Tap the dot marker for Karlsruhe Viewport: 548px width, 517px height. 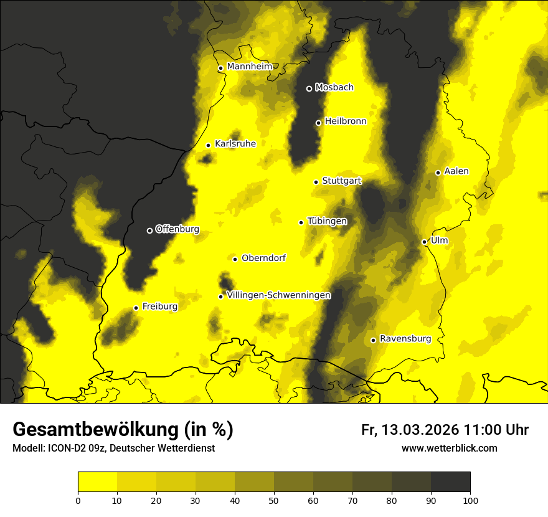point(209,145)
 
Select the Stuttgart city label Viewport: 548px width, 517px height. point(342,181)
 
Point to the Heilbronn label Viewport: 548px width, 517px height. point(346,121)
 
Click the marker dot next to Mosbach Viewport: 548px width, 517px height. point(309,88)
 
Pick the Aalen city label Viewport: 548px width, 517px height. point(456,171)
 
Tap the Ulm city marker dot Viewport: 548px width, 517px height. point(424,242)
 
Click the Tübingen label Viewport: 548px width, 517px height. point(327,221)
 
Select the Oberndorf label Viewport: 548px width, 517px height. point(263,258)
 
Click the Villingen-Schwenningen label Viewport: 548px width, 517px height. point(278,295)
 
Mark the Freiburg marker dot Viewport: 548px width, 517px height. point(136,308)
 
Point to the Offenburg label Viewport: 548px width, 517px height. point(177,229)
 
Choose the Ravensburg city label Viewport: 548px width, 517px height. point(405,339)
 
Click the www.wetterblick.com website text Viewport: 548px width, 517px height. point(449,448)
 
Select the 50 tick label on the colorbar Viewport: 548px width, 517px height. point(274,500)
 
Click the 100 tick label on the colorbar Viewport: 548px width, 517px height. point(470,500)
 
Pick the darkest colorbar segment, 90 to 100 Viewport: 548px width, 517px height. point(450,481)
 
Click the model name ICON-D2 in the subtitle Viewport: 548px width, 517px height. point(65,448)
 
